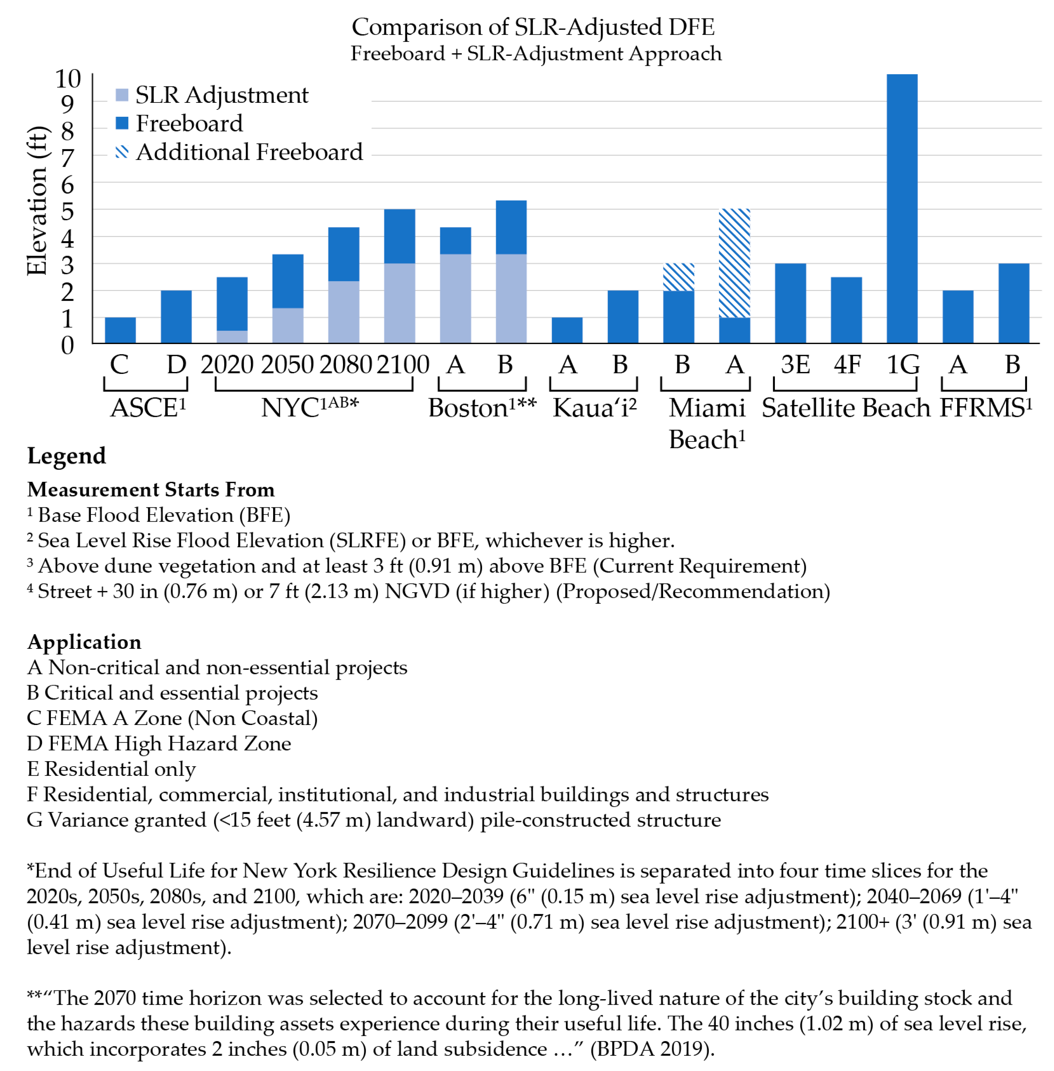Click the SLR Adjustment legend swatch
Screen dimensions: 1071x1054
click(122, 94)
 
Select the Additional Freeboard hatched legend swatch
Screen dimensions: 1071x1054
click(122, 152)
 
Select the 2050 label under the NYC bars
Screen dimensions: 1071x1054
click(287, 365)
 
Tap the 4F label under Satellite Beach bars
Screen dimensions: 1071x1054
click(847, 365)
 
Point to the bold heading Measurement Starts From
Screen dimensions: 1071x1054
click(151, 489)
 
